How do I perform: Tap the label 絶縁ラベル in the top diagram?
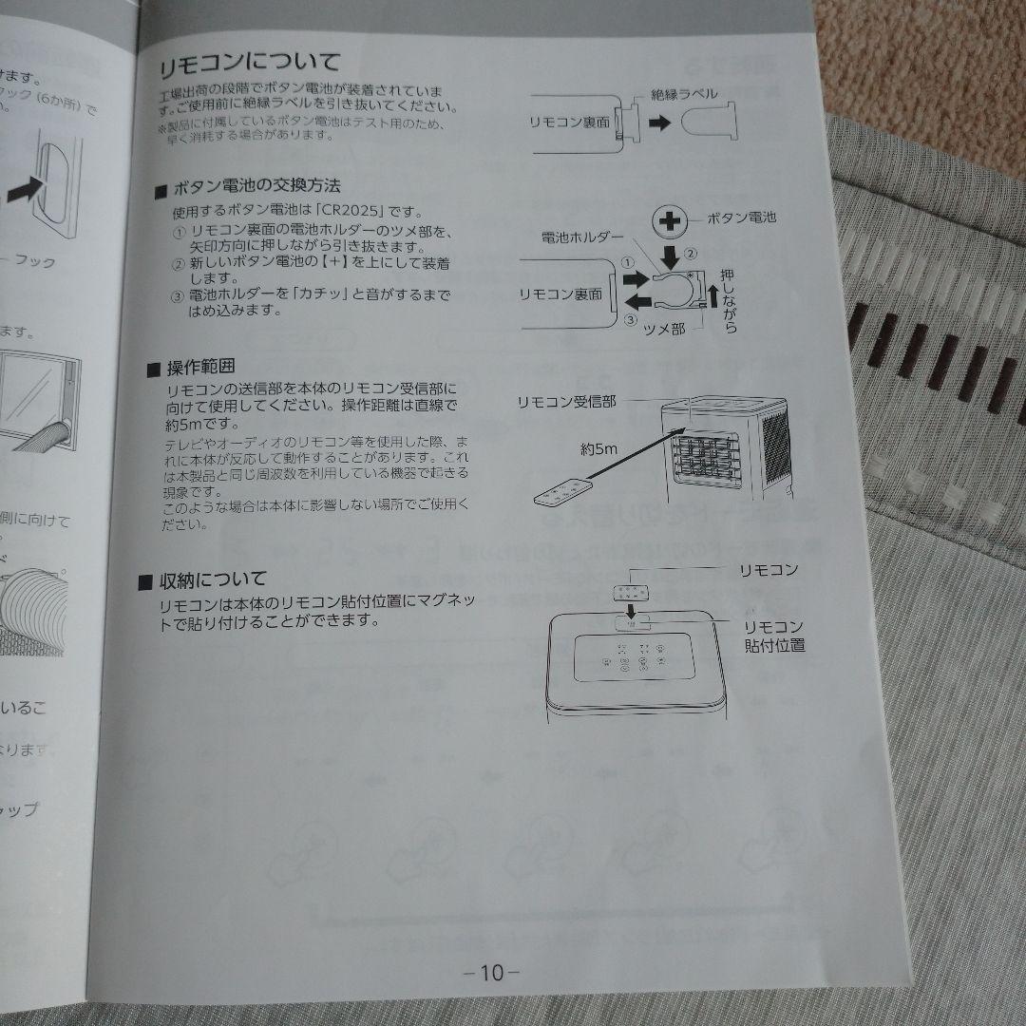[683, 94]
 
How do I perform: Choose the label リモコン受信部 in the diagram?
[566, 401]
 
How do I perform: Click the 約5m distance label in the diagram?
[599, 446]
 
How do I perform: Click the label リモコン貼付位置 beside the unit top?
[774, 636]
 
